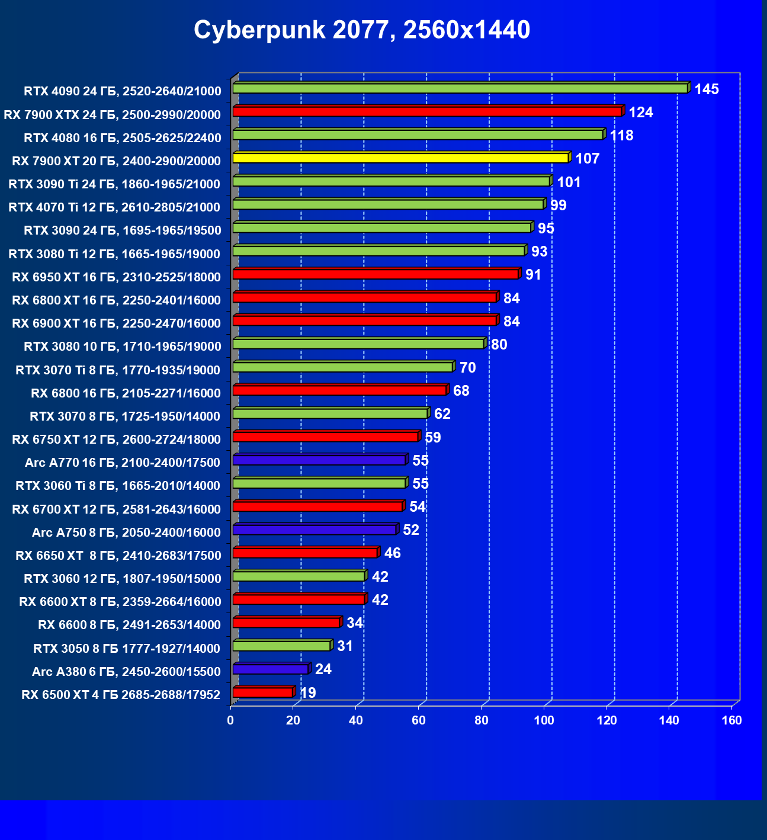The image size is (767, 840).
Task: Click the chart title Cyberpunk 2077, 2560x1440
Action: [x=362, y=30]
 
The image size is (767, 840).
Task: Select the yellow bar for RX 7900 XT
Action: [x=400, y=158]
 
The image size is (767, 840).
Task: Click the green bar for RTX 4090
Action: [x=460, y=88]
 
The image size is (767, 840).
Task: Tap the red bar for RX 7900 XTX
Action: [x=427, y=111]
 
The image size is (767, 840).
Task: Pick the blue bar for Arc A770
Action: [x=319, y=460]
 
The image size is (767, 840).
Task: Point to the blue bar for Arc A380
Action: [x=270, y=669]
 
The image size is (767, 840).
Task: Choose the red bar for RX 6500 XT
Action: [x=262, y=692]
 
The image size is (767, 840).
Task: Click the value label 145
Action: [x=707, y=89]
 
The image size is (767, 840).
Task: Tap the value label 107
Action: [x=588, y=159]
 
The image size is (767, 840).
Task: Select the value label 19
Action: [x=308, y=692]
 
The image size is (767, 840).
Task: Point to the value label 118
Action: [x=621, y=136]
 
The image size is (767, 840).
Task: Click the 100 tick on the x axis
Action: [x=544, y=720]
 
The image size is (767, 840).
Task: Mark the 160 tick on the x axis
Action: [x=732, y=720]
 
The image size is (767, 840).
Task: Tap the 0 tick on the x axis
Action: [x=230, y=720]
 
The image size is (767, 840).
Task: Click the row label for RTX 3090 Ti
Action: [x=114, y=184]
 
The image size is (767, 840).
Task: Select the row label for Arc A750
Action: [x=126, y=533]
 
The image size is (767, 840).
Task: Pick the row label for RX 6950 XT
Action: [x=116, y=277]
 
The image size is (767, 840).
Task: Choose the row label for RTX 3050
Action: [x=127, y=649]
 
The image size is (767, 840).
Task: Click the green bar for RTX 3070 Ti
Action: [x=342, y=367]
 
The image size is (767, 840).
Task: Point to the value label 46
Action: [x=393, y=553]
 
